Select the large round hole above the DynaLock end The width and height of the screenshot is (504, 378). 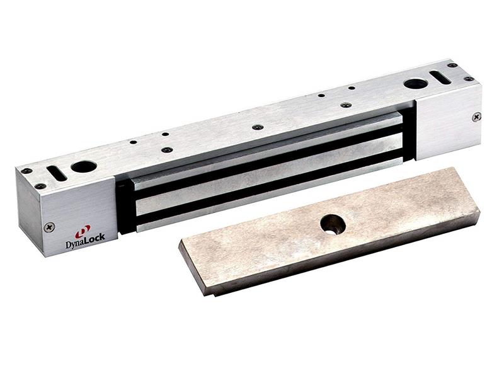pyautogui.click(x=83, y=167)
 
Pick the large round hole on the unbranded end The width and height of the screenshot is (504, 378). pyautogui.click(x=415, y=83)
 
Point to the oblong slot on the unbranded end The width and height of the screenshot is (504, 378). pyautogui.click(x=440, y=77)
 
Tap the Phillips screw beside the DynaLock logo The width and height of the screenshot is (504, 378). pyautogui.click(x=49, y=226)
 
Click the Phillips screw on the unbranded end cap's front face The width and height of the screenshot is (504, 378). pyautogui.click(x=476, y=117)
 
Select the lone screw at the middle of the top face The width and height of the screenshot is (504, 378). pyautogui.click(x=258, y=127)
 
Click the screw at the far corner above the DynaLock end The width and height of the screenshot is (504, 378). pyautogui.click(x=26, y=171)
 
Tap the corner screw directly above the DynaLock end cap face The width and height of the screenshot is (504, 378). pyautogui.click(x=40, y=186)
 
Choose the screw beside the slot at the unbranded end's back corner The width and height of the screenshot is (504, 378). pyautogui.click(x=452, y=65)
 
